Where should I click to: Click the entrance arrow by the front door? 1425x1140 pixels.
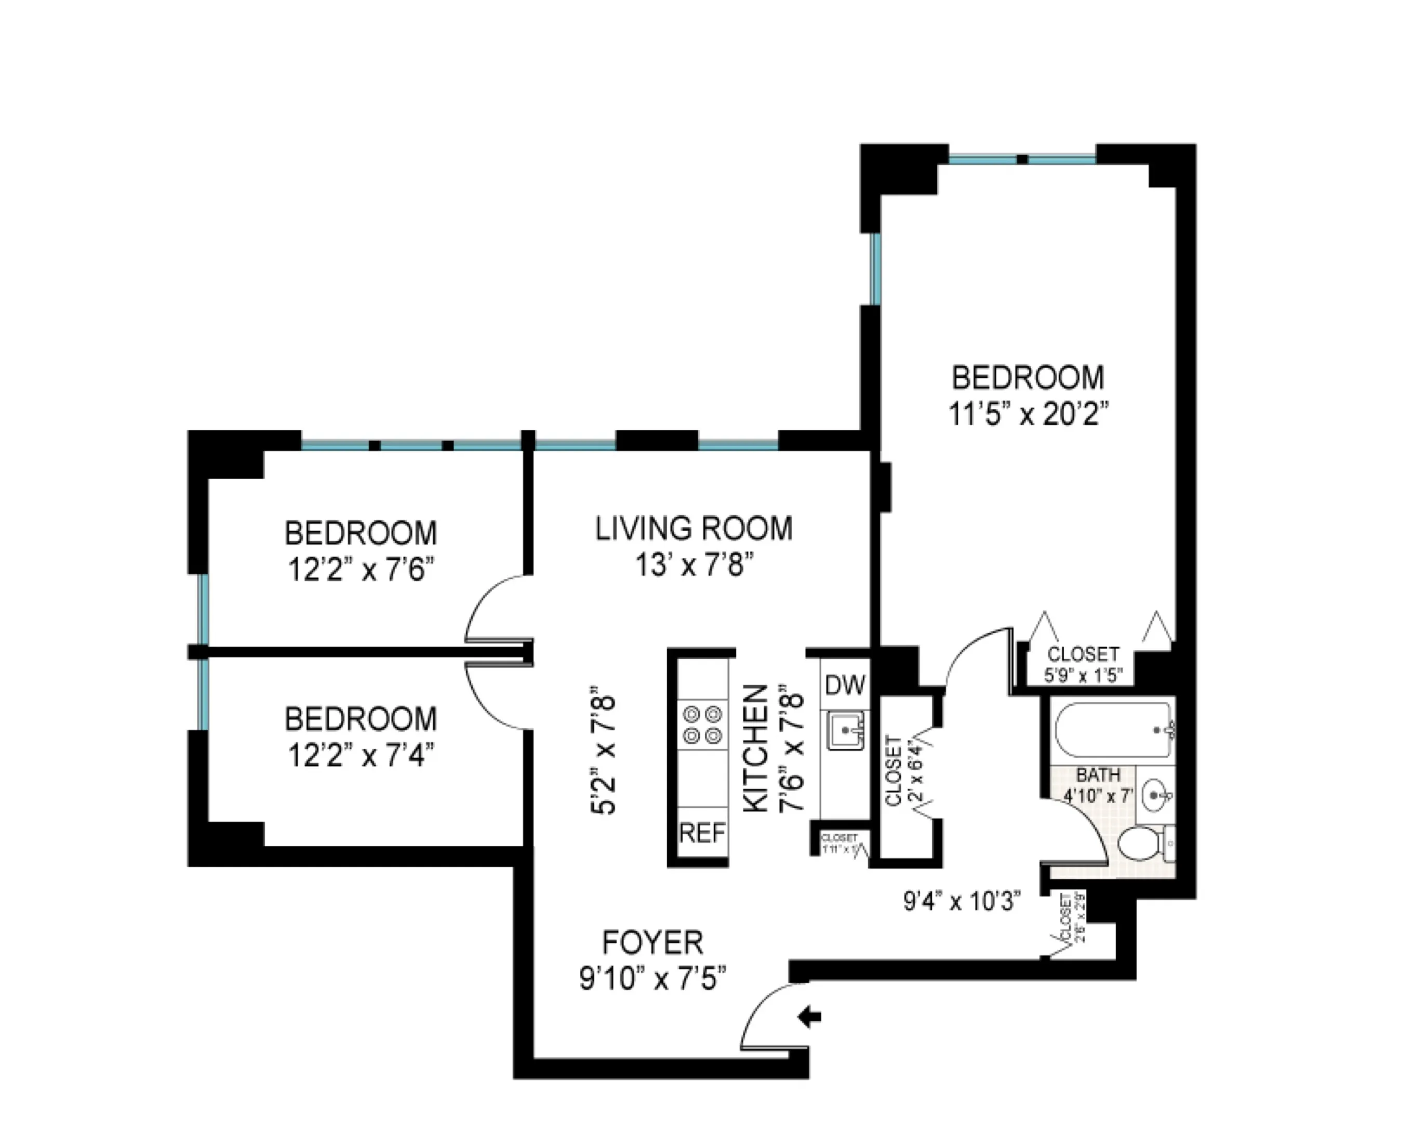(810, 1016)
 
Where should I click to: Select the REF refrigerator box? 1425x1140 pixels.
(702, 833)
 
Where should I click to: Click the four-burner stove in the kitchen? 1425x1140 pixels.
(702, 725)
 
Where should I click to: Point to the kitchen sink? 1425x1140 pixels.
(845, 731)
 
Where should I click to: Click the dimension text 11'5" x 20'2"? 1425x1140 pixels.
(1028, 415)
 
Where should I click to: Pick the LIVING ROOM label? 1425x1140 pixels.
(694, 529)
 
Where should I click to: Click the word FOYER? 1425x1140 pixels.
(653, 943)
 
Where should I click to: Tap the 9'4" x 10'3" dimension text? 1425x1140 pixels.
(962, 901)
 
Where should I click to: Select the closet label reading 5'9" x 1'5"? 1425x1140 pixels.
(1083, 675)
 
